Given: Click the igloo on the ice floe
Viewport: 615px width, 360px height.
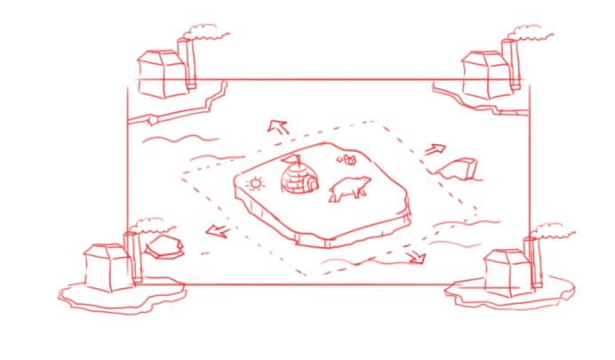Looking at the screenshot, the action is point(298,180).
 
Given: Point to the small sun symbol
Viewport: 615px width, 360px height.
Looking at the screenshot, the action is point(256,185).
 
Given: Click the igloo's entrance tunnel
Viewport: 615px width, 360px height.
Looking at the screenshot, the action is point(308,185).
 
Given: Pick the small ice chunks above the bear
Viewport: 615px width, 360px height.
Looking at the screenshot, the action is point(348,160).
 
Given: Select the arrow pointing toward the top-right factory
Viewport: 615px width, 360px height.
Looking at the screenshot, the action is point(435,148).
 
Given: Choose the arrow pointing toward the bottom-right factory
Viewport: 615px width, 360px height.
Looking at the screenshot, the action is point(414,256).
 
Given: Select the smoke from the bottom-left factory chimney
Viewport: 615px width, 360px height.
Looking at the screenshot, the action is point(149,224).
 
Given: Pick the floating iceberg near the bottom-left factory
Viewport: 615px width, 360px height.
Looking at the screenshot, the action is point(164,245).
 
